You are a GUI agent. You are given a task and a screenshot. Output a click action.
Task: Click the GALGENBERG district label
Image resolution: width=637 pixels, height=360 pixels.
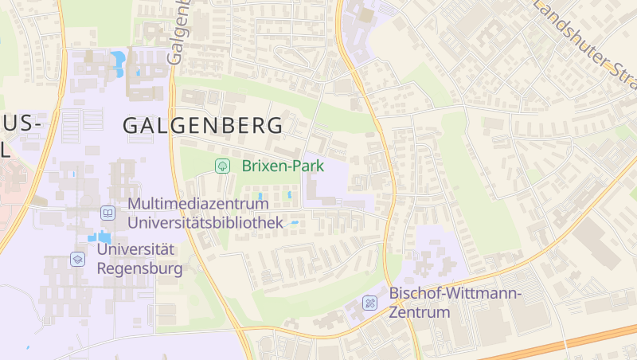(202, 126)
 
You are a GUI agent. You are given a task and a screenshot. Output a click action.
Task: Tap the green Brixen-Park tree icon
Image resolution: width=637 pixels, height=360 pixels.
(223, 166)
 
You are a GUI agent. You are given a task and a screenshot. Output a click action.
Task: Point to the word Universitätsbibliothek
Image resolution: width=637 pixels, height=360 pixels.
(205, 222)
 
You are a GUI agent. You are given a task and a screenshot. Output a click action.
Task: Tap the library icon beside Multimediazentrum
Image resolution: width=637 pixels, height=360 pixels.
(107, 213)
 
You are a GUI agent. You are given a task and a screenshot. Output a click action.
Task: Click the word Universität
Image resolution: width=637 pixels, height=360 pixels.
(135, 249)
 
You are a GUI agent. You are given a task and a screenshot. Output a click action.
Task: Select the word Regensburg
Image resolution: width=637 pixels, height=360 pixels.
(139, 268)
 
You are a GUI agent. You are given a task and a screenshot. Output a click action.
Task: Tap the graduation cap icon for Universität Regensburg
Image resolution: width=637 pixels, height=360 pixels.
(77, 259)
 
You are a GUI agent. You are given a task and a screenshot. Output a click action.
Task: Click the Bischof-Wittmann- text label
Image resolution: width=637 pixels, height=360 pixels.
(455, 294)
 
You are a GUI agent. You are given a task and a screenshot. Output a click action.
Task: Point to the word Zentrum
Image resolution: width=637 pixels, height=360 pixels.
(420, 312)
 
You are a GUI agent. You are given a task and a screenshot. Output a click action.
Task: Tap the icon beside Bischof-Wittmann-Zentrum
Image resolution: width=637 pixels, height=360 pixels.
(369, 303)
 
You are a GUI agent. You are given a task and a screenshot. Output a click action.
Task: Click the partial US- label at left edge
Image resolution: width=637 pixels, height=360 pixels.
(20, 125)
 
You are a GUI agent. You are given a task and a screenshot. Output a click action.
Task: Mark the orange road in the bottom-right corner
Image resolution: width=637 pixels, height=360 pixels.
(573, 342)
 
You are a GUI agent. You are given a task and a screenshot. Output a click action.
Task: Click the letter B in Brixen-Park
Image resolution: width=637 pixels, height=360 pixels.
(246, 166)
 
